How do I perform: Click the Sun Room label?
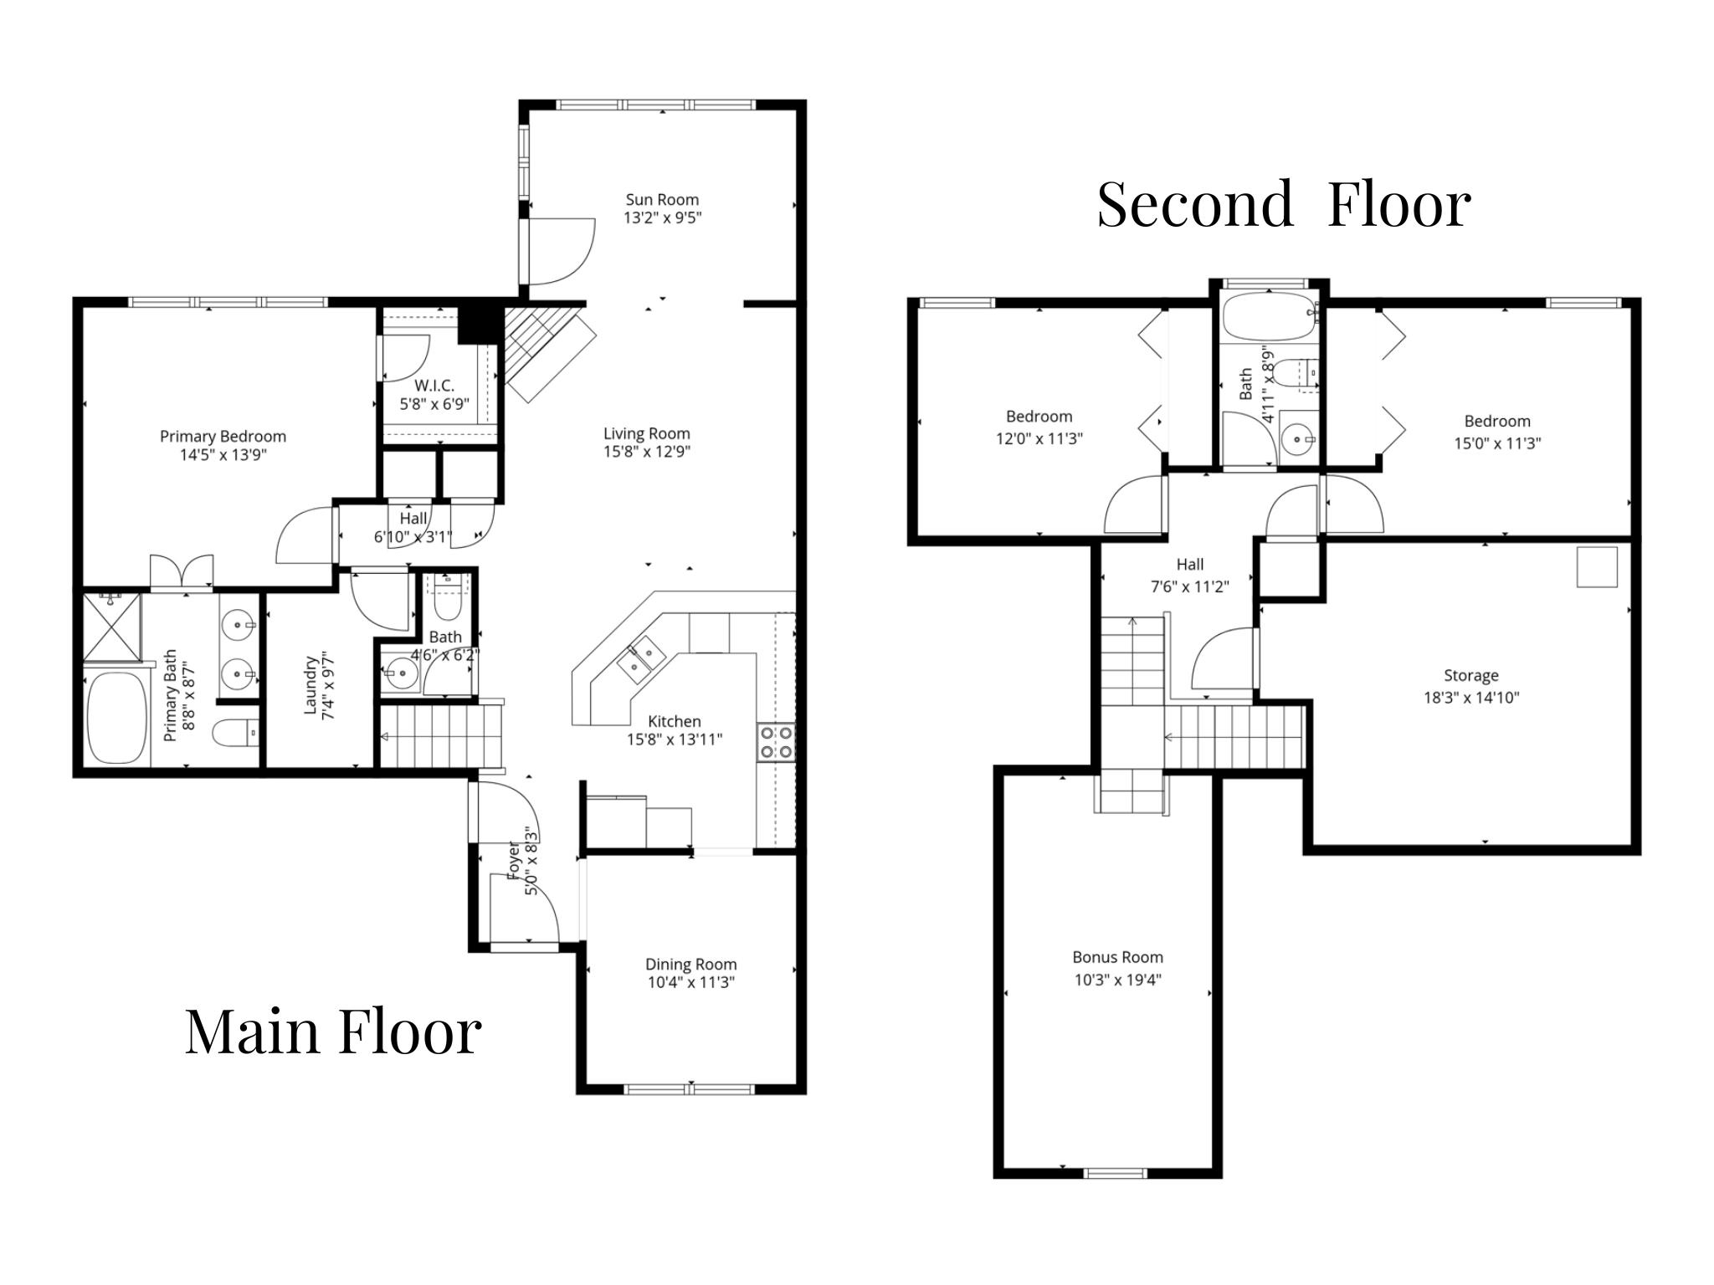[x=662, y=200]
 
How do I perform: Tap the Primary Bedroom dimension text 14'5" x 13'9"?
[x=223, y=455]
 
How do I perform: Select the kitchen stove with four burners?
[x=776, y=743]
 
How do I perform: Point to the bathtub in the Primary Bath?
[x=116, y=718]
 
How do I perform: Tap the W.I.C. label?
[x=434, y=386]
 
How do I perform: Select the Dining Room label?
[x=690, y=964]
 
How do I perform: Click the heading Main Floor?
[x=332, y=1031]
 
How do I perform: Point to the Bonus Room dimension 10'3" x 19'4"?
[x=1117, y=980]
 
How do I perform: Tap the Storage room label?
[x=1470, y=675]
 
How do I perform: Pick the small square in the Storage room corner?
[x=1597, y=566]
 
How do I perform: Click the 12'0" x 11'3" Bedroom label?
[x=1039, y=417]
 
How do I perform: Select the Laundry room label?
[x=310, y=684]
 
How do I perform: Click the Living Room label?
[x=646, y=433]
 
